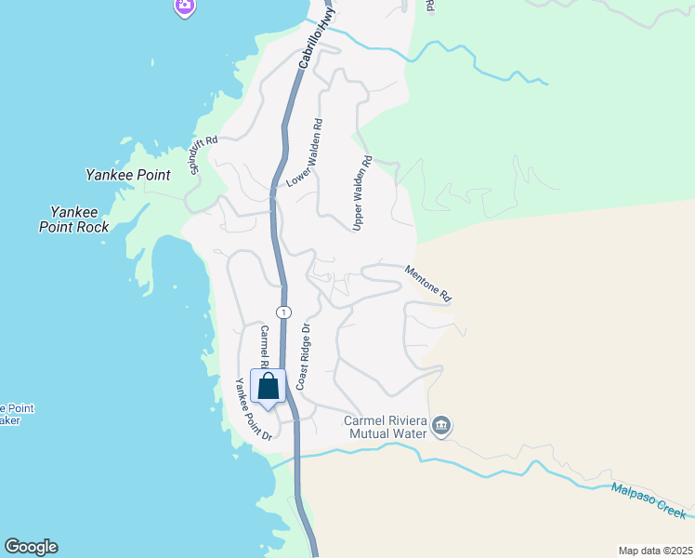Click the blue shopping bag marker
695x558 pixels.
coord(268,389)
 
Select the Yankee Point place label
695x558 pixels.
coord(127,174)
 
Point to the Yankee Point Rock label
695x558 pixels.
coord(73,219)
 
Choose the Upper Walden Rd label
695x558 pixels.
coord(362,193)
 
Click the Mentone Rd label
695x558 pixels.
coord(427,283)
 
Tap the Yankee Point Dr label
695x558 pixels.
coord(252,409)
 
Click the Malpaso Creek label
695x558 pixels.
coord(649,500)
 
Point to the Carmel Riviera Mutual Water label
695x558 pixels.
coord(385,426)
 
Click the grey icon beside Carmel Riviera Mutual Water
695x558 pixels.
coord(440,427)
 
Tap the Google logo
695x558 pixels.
coord(31,547)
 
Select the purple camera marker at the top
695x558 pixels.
coord(186,7)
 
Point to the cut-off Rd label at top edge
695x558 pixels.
coord(429,6)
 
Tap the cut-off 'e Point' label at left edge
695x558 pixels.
coord(17,414)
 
